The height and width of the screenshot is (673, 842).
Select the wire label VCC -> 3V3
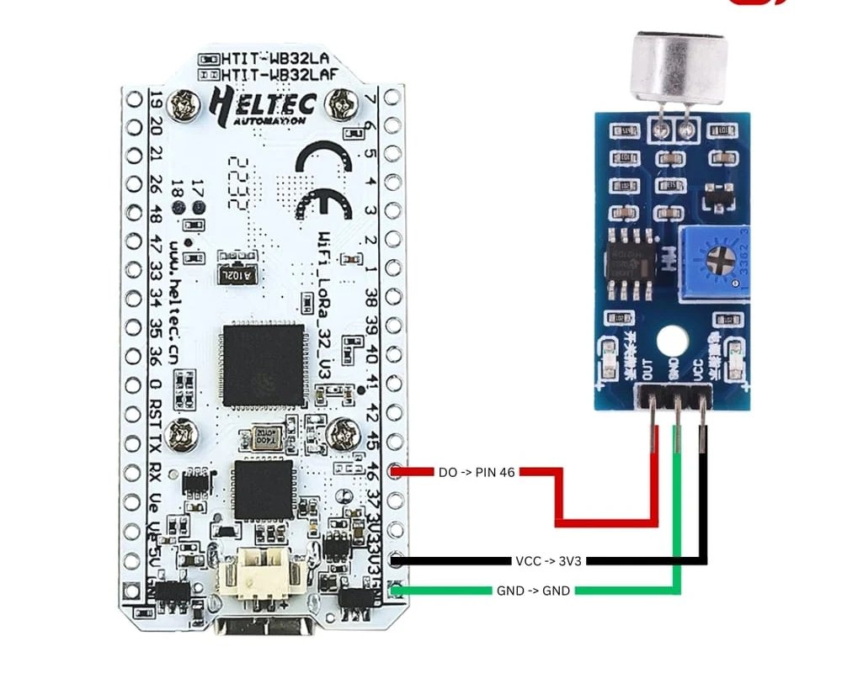(x=542, y=559)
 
